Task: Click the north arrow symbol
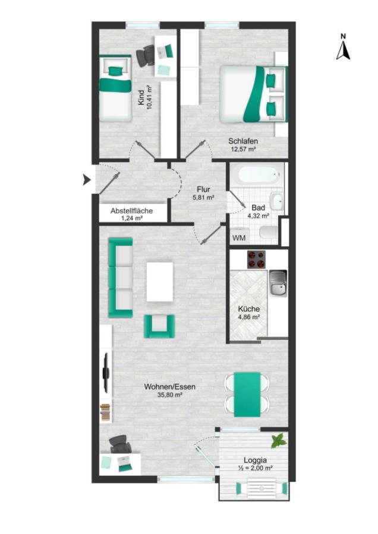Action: pos(343,50)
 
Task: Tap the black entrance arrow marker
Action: pos(87,179)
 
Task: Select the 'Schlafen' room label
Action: pos(243,141)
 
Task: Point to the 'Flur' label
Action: pos(203,189)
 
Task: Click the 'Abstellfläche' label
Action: pos(132,211)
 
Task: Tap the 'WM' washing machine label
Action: pos(239,238)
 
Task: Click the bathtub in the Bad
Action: pos(260,175)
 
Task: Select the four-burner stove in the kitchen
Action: pos(257,259)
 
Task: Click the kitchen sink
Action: pos(278,283)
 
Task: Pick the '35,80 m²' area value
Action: pos(169,395)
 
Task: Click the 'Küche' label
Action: pos(248,309)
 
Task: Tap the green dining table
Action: pos(247,395)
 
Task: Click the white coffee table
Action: pos(160,281)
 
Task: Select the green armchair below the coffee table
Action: pos(159,326)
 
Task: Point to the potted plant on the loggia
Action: pos(279,441)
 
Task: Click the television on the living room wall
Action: pos(106,372)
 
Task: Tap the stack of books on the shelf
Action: pos(105,413)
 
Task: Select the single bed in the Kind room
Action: pos(115,88)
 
